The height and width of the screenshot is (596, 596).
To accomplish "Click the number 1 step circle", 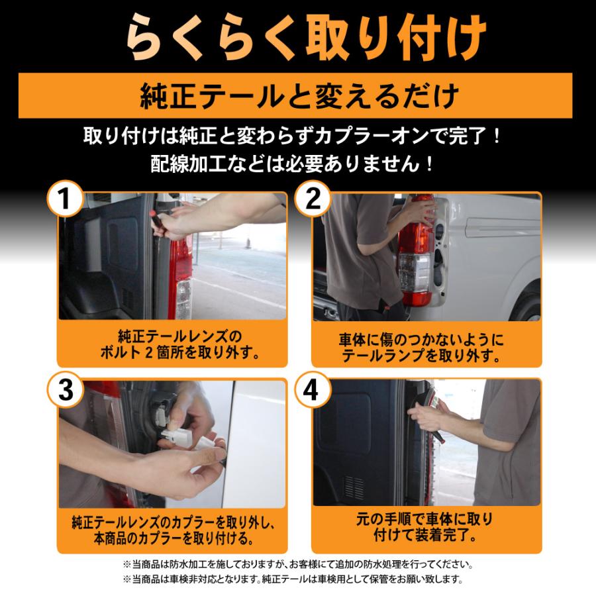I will tap(66, 197).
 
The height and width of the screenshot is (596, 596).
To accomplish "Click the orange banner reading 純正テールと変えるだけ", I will tap(298, 97).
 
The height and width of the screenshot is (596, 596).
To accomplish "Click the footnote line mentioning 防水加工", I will tap(298, 565).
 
